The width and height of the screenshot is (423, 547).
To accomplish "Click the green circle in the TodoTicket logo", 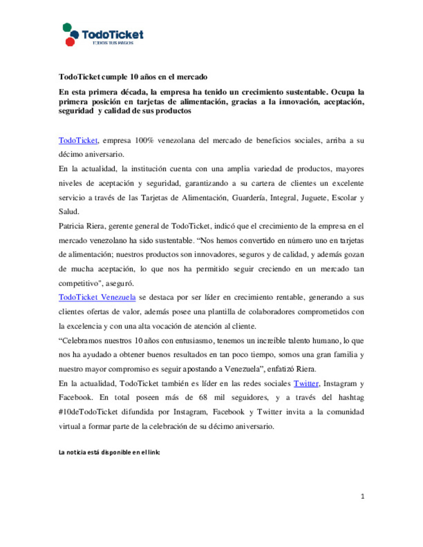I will click(x=67, y=27).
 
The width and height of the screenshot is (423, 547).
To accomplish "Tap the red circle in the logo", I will click(x=70, y=41).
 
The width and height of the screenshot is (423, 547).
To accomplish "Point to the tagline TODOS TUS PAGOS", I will click(x=113, y=43).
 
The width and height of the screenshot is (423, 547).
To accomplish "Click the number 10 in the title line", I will click(x=134, y=77).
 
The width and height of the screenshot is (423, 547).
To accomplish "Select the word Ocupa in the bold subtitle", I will click(x=343, y=92).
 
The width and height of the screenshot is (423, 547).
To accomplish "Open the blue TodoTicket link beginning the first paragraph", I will click(x=78, y=140).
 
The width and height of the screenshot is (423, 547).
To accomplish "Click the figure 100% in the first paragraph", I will click(x=144, y=140).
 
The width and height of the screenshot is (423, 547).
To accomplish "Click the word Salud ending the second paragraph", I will click(x=69, y=212).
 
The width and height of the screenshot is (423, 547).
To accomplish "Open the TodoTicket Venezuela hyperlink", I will click(x=97, y=297).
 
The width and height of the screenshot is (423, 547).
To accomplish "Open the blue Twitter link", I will click(x=306, y=383).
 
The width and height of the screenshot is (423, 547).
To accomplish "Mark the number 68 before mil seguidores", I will click(x=203, y=398).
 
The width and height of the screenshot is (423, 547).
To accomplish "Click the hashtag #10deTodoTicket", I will click(x=88, y=412).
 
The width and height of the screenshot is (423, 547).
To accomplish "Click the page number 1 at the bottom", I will click(x=363, y=497).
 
